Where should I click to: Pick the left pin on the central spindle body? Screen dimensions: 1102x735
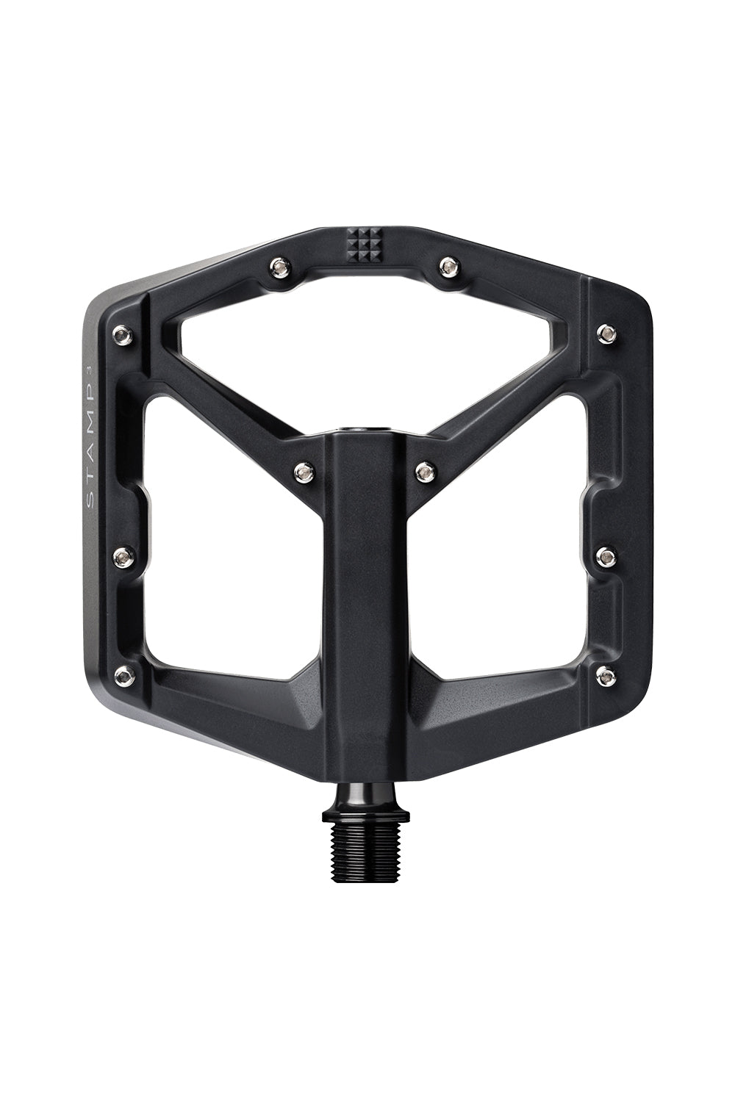coord(302,468)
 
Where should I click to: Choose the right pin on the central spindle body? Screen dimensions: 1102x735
coord(425,468)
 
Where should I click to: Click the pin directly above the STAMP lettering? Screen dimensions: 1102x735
coord(122,335)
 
